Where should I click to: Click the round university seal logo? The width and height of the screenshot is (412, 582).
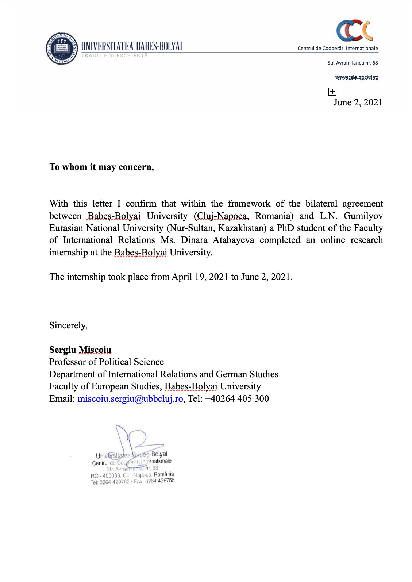tap(62, 49)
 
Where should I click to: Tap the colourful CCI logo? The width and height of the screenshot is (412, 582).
tap(354, 31)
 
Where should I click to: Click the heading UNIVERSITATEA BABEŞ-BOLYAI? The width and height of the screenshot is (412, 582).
tap(131, 46)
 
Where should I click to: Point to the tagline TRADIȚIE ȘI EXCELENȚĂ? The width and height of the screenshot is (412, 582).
tap(115, 56)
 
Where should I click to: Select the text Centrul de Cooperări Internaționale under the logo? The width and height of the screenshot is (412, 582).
tap(338, 48)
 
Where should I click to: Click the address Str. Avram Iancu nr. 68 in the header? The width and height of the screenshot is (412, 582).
tap(353, 63)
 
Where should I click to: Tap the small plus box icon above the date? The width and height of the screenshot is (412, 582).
tap(332, 92)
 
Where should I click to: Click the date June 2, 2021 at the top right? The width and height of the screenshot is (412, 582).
tap(358, 102)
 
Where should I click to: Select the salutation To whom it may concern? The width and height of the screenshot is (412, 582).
tap(101, 167)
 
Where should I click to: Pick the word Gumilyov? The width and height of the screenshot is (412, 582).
tap(363, 216)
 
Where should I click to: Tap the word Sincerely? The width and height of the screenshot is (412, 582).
tap(68, 325)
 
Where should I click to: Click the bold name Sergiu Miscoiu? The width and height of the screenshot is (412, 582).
tap(80, 350)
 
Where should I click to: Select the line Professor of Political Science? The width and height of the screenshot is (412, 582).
tap(107, 362)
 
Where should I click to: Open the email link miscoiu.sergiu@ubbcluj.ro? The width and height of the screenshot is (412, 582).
tap(130, 398)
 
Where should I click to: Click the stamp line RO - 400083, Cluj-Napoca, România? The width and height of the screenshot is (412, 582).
tap(132, 475)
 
